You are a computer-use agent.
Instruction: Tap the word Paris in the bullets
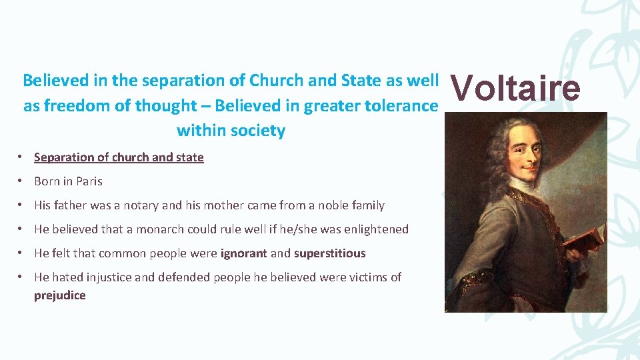(x=89, y=181)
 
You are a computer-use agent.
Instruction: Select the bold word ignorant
(x=244, y=253)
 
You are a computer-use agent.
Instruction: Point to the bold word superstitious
(x=330, y=253)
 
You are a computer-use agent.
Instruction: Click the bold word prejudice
(x=60, y=295)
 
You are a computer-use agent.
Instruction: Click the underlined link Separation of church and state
(x=119, y=157)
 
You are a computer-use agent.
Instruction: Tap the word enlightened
(x=376, y=229)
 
